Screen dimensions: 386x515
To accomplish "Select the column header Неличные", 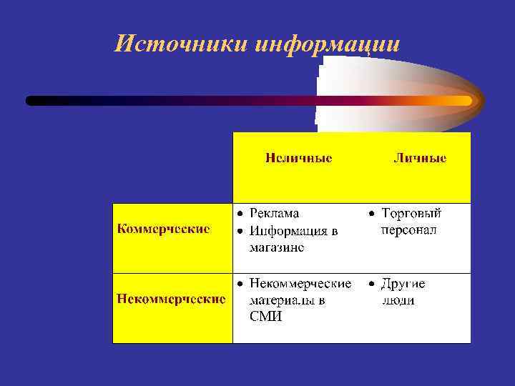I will (298, 158).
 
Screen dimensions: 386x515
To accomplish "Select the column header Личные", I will (420, 158).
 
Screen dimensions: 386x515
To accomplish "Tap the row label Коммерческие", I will (163, 229).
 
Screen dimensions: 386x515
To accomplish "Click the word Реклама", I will (274, 213).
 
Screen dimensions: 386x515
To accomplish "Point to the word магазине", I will (276, 247).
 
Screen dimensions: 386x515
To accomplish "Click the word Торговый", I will (411, 213).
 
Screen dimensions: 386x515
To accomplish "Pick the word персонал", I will (408, 230).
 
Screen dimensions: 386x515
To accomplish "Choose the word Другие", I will (403, 284).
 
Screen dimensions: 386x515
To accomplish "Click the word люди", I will (398, 300).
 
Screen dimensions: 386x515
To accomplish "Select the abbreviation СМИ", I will (265, 317).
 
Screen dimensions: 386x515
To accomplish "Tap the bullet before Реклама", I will (241, 214).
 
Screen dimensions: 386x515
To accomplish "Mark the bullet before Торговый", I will (372, 214).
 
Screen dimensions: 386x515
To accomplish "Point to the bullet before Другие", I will (372, 284).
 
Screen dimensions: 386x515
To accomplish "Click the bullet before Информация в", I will (241, 231).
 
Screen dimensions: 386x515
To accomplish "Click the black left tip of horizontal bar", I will (31, 101).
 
